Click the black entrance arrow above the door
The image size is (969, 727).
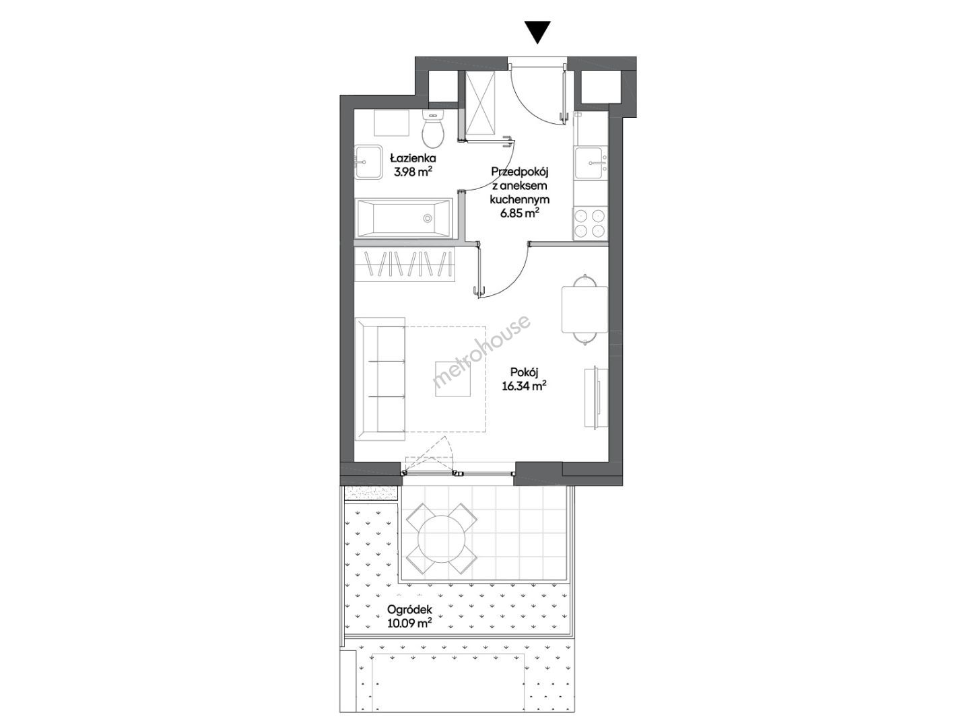pyautogui.click(x=537, y=32)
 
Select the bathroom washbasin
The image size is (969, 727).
pyautogui.click(x=368, y=162)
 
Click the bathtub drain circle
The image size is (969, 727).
pyautogui.click(x=427, y=218)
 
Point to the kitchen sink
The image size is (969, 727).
pyautogui.click(x=591, y=163)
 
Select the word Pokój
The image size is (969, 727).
pyautogui.click(x=524, y=373)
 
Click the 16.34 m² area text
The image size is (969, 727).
pyautogui.click(x=524, y=387)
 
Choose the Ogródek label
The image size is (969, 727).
pyautogui.click(x=409, y=611)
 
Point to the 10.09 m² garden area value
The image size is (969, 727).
pyautogui.click(x=409, y=624)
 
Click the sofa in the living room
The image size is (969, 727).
pyautogui.click(x=380, y=378)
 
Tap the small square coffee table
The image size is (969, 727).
pyautogui.click(x=453, y=378)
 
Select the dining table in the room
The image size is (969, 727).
pyautogui.click(x=584, y=309)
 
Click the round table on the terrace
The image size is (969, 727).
pyautogui.click(x=441, y=539)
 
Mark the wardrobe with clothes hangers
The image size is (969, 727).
pyautogui.click(x=405, y=264)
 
